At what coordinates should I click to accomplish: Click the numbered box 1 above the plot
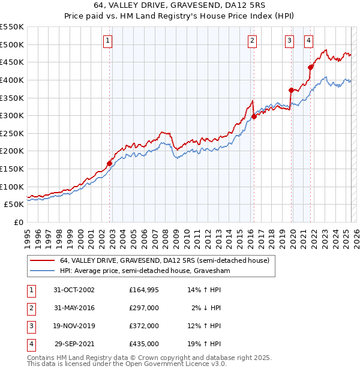[107, 41]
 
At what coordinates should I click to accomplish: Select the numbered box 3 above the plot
[289, 41]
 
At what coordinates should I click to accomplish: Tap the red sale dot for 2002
[110, 163]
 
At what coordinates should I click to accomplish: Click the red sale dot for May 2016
[254, 116]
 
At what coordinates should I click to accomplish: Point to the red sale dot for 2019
[291, 90]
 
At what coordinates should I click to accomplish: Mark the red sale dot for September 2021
[311, 67]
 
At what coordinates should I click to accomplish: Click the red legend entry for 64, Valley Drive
[164, 260]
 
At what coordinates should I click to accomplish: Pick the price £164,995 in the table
[144, 290]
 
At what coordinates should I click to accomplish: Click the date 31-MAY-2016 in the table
[74, 307]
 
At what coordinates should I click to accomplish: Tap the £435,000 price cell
[144, 344]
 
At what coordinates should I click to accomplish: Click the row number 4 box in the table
[31, 344]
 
